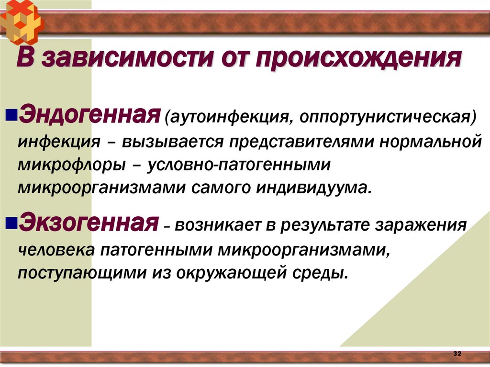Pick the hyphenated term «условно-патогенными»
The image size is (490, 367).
pyautogui.click(x=239, y=165)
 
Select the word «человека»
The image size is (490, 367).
pyautogui.click(x=56, y=250)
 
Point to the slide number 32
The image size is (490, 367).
pyautogui.click(x=457, y=353)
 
